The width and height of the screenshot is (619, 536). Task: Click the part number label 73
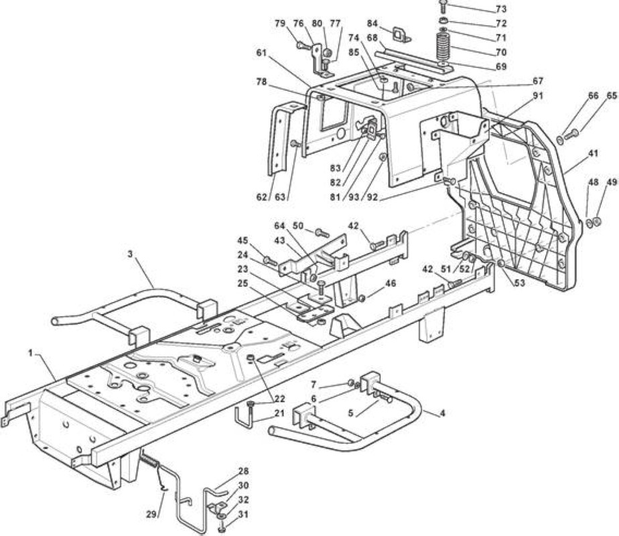tap(501, 9)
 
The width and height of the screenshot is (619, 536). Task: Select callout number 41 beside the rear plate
tap(593, 153)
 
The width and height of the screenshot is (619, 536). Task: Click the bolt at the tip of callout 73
tap(443, 5)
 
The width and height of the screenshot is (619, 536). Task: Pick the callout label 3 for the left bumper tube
tap(130, 253)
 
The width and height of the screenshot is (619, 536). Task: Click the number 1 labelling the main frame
tap(30, 352)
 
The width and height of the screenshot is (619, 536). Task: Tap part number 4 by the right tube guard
tap(443, 413)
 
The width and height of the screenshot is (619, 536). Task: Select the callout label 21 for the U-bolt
tap(279, 413)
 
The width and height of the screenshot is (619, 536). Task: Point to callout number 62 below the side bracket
tap(262, 197)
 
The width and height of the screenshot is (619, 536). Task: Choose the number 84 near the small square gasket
tap(372, 23)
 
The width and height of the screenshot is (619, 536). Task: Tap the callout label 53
tap(520, 283)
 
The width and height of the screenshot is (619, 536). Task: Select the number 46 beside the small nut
tap(391, 283)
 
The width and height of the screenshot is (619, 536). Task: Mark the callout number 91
tap(537, 96)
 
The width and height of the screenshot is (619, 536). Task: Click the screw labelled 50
tap(322, 232)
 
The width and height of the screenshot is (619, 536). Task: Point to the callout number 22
tap(279, 399)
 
